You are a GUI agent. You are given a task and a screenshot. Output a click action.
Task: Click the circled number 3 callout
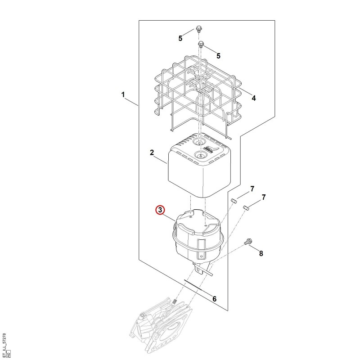(x=160, y=210)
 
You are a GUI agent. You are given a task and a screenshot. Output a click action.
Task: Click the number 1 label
(x=123, y=94)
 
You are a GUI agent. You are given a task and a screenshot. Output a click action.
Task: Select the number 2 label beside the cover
(x=152, y=153)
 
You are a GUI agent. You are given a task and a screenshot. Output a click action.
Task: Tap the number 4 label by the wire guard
(x=253, y=98)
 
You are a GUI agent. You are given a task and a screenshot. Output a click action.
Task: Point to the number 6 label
(x=214, y=299)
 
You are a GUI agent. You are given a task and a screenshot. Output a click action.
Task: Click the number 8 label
(x=261, y=253)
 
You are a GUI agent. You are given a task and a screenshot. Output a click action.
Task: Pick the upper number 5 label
(x=180, y=38)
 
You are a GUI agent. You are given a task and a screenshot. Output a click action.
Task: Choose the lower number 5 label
(x=218, y=56)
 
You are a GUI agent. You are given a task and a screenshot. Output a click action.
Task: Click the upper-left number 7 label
(x=252, y=189)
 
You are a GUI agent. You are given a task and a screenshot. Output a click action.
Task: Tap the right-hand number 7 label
(x=264, y=197)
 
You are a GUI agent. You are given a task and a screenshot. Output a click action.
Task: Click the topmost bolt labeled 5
(x=198, y=29)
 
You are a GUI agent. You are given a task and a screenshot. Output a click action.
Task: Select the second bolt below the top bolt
(x=201, y=44)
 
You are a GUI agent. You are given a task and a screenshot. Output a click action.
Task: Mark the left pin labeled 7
(x=234, y=201)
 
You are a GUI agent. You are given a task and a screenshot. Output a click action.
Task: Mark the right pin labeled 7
(x=246, y=208)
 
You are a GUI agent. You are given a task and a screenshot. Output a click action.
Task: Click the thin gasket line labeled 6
(x=193, y=285)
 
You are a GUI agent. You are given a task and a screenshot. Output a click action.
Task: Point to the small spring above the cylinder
(x=175, y=301)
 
